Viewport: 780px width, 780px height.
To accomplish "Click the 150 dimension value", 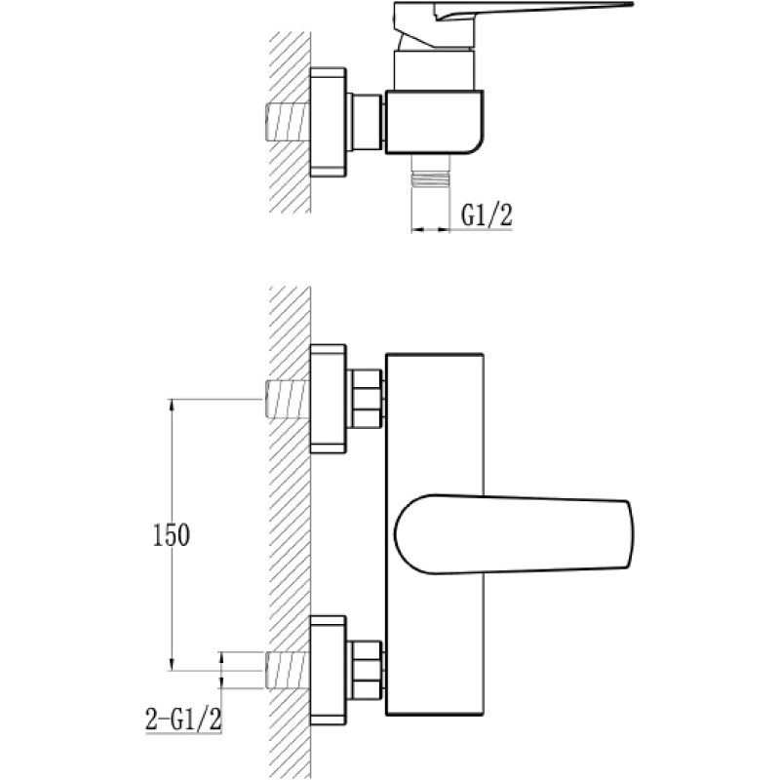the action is click(x=172, y=535).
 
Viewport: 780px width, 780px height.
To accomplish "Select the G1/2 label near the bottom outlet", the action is click(x=487, y=214).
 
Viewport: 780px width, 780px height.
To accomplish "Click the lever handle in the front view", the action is click(x=514, y=534).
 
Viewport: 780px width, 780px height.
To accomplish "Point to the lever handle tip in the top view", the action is click(x=632, y=5).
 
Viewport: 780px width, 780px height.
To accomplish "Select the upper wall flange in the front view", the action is click(x=329, y=399).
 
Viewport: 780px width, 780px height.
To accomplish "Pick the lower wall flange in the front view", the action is click(x=329, y=670).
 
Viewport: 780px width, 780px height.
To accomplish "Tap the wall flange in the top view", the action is click(x=329, y=122).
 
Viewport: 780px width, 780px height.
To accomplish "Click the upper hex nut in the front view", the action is click(x=366, y=399).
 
